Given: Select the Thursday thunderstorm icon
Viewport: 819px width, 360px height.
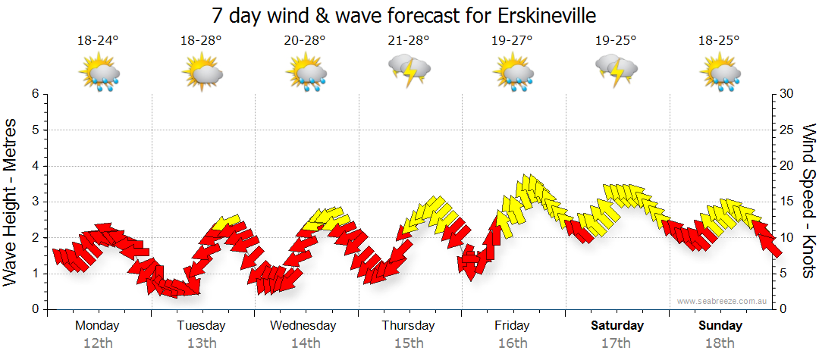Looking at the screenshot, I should click(x=409, y=70).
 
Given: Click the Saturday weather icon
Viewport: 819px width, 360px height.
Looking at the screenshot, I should click(x=617, y=70).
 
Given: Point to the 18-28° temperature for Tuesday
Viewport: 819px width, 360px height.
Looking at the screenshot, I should click(x=201, y=41).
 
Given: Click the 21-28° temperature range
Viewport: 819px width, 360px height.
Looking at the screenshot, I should click(x=409, y=41).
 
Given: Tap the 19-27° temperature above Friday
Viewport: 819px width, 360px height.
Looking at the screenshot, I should click(x=513, y=41).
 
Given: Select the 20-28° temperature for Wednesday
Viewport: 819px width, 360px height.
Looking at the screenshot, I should click(x=305, y=41).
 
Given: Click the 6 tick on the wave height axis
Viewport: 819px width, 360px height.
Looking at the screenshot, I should click(x=35, y=94).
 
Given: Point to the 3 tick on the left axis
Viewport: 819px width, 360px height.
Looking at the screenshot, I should click(x=35, y=202).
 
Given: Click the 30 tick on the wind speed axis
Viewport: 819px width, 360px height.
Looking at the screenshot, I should click(x=787, y=94).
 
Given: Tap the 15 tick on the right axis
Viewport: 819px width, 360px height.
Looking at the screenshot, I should click(x=787, y=202).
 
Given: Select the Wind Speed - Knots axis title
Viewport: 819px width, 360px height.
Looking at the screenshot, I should click(x=808, y=202).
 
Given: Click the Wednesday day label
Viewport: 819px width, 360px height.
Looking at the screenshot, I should click(x=304, y=326).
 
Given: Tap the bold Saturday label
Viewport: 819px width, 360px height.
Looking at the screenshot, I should click(x=617, y=326).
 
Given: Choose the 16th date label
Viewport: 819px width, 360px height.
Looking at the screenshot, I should click(x=513, y=343).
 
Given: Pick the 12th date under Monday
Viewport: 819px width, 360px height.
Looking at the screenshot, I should click(x=98, y=343).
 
